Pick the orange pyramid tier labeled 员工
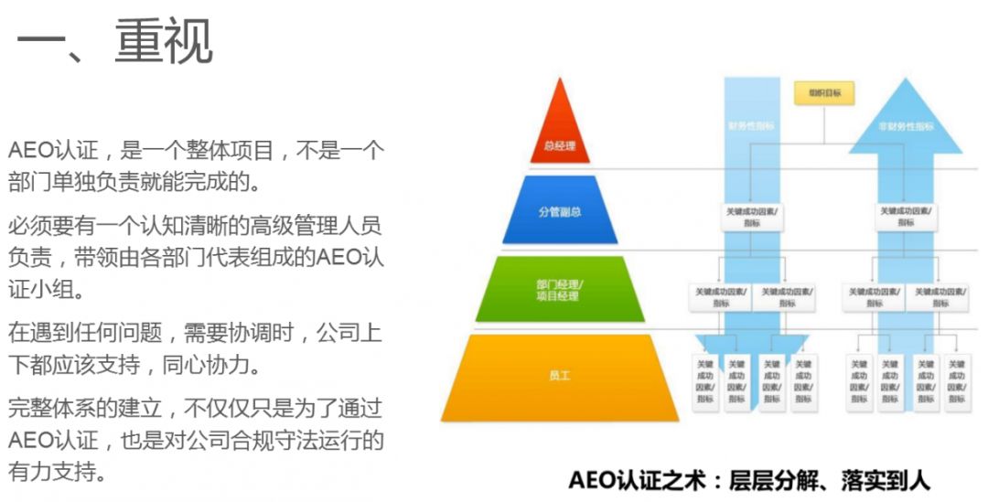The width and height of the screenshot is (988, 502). click(x=559, y=375)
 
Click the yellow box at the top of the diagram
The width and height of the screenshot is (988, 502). click(x=823, y=93)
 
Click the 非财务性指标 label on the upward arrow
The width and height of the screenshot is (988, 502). click(x=905, y=126)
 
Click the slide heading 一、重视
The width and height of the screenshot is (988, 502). click(x=115, y=42)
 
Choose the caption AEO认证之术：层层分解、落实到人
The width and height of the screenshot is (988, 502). click(x=748, y=480)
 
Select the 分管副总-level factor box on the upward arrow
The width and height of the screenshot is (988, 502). click(x=905, y=216)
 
